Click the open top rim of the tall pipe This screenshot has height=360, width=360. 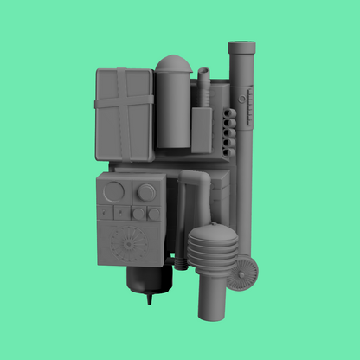[241, 44]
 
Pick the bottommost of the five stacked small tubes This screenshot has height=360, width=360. [229, 152]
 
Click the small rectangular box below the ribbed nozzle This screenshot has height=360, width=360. [202, 129]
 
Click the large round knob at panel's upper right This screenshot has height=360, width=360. [146, 191]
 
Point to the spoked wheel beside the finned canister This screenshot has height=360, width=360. [244, 273]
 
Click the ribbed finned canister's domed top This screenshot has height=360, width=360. [211, 232]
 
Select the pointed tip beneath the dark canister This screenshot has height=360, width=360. [149, 299]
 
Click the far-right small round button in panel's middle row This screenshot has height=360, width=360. [154, 213]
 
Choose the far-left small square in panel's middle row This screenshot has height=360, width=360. [106, 213]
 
